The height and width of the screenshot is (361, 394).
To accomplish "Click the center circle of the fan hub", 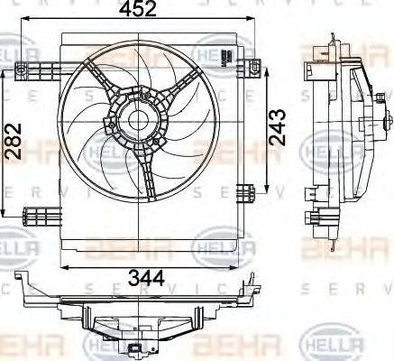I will click(x=137, y=118).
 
